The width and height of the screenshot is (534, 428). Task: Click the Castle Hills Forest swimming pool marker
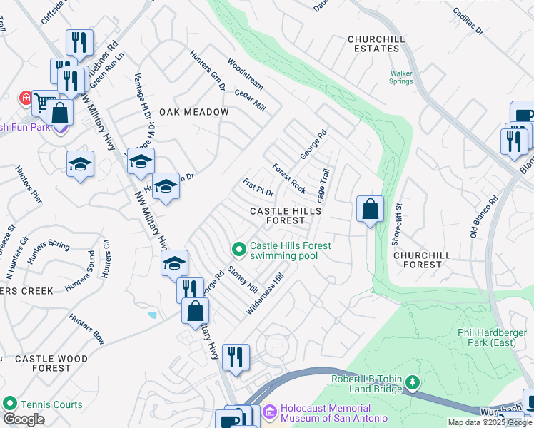coord(239,249)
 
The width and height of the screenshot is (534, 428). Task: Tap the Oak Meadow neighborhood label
coord(193,112)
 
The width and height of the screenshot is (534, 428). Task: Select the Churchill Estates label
coord(373,44)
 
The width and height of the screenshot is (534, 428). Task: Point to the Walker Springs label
coord(401,77)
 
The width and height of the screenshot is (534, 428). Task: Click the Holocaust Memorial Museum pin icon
coord(269,412)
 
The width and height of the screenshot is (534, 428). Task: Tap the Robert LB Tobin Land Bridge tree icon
coord(412,384)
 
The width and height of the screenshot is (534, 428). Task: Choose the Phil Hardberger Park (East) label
coord(493,338)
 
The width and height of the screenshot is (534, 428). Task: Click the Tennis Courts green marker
coord(9,404)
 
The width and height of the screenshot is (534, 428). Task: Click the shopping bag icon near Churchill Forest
coord(370,210)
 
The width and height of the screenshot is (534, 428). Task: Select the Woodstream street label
coord(245,74)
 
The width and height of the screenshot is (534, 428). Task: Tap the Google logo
coord(24,419)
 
